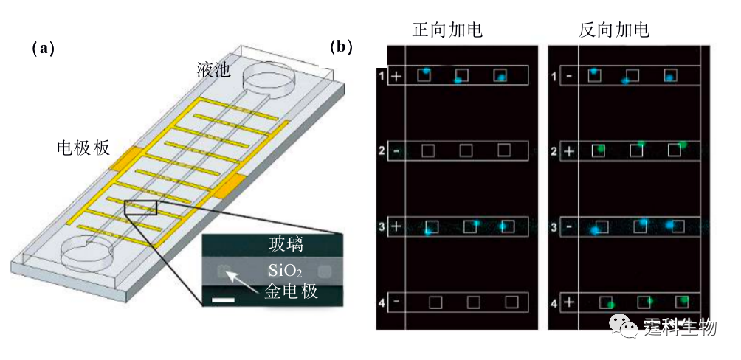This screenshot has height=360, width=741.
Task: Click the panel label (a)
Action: point(43,49)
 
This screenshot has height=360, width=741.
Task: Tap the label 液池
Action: point(213,70)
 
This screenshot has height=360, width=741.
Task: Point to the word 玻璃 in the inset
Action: point(285,245)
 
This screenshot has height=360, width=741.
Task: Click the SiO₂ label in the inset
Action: point(285,271)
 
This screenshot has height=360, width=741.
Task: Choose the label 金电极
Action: point(290,291)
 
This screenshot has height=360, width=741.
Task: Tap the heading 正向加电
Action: point(447,30)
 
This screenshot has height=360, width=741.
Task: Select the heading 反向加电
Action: point(613,30)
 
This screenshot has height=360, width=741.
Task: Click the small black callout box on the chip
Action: point(140,207)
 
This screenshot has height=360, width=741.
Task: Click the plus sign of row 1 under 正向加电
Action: point(396,76)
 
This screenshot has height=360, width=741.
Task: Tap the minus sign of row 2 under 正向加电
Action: point(396,152)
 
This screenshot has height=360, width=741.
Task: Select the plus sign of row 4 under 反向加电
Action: point(568,303)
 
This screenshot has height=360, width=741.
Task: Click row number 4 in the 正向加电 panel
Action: point(382,303)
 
